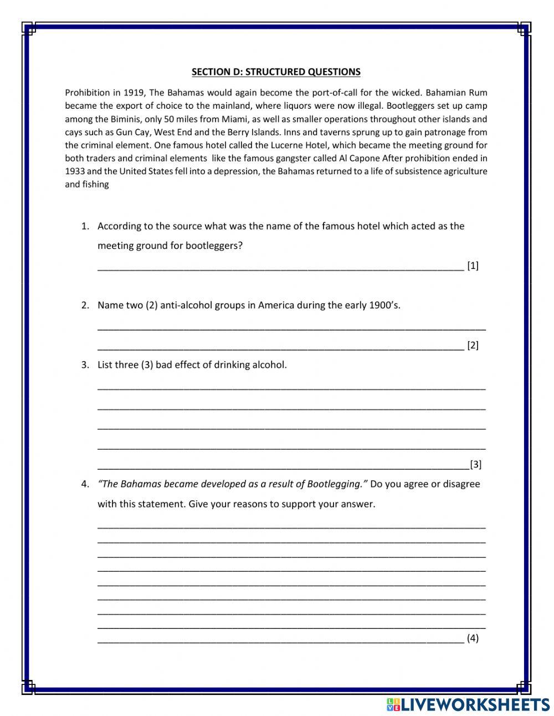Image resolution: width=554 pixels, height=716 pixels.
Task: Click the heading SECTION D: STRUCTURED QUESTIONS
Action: (276, 72)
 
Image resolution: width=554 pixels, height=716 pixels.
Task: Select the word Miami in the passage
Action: (235, 119)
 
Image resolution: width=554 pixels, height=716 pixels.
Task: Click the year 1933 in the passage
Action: (75, 171)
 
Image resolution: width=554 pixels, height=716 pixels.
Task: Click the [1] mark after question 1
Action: (473, 266)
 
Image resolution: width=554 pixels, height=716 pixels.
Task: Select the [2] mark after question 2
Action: (473, 346)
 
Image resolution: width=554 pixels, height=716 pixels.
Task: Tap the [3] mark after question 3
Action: (475, 464)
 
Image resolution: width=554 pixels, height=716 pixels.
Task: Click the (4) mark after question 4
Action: (473, 638)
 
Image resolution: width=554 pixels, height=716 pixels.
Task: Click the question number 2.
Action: (85, 305)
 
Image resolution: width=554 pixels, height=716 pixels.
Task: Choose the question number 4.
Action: (85, 484)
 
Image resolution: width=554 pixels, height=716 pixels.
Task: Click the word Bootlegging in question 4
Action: (335, 484)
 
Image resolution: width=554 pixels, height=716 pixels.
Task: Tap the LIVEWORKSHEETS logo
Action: (468, 704)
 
